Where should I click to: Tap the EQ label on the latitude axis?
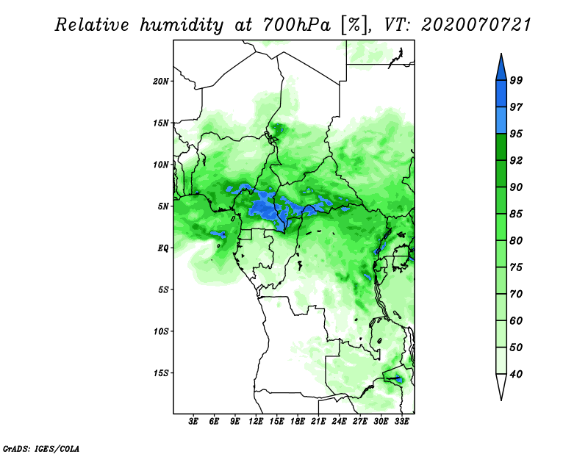click(163, 248)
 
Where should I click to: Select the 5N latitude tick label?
click(163, 206)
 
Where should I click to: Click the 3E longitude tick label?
click(194, 422)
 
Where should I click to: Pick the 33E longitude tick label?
click(401, 422)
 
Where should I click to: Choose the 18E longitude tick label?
click(298, 422)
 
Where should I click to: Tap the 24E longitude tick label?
click(339, 422)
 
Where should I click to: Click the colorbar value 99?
click(516, 80)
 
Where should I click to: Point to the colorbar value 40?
click(516, 374)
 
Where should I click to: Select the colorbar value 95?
click(516, 134)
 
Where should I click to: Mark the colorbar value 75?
click(516, 267)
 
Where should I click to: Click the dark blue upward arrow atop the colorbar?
click(501, 66)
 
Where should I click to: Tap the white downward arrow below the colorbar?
click(501, 387)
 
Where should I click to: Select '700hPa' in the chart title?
click(290, 25)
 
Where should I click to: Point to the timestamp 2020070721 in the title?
click(476, 25)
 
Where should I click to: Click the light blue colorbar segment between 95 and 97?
click(501, 120)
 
